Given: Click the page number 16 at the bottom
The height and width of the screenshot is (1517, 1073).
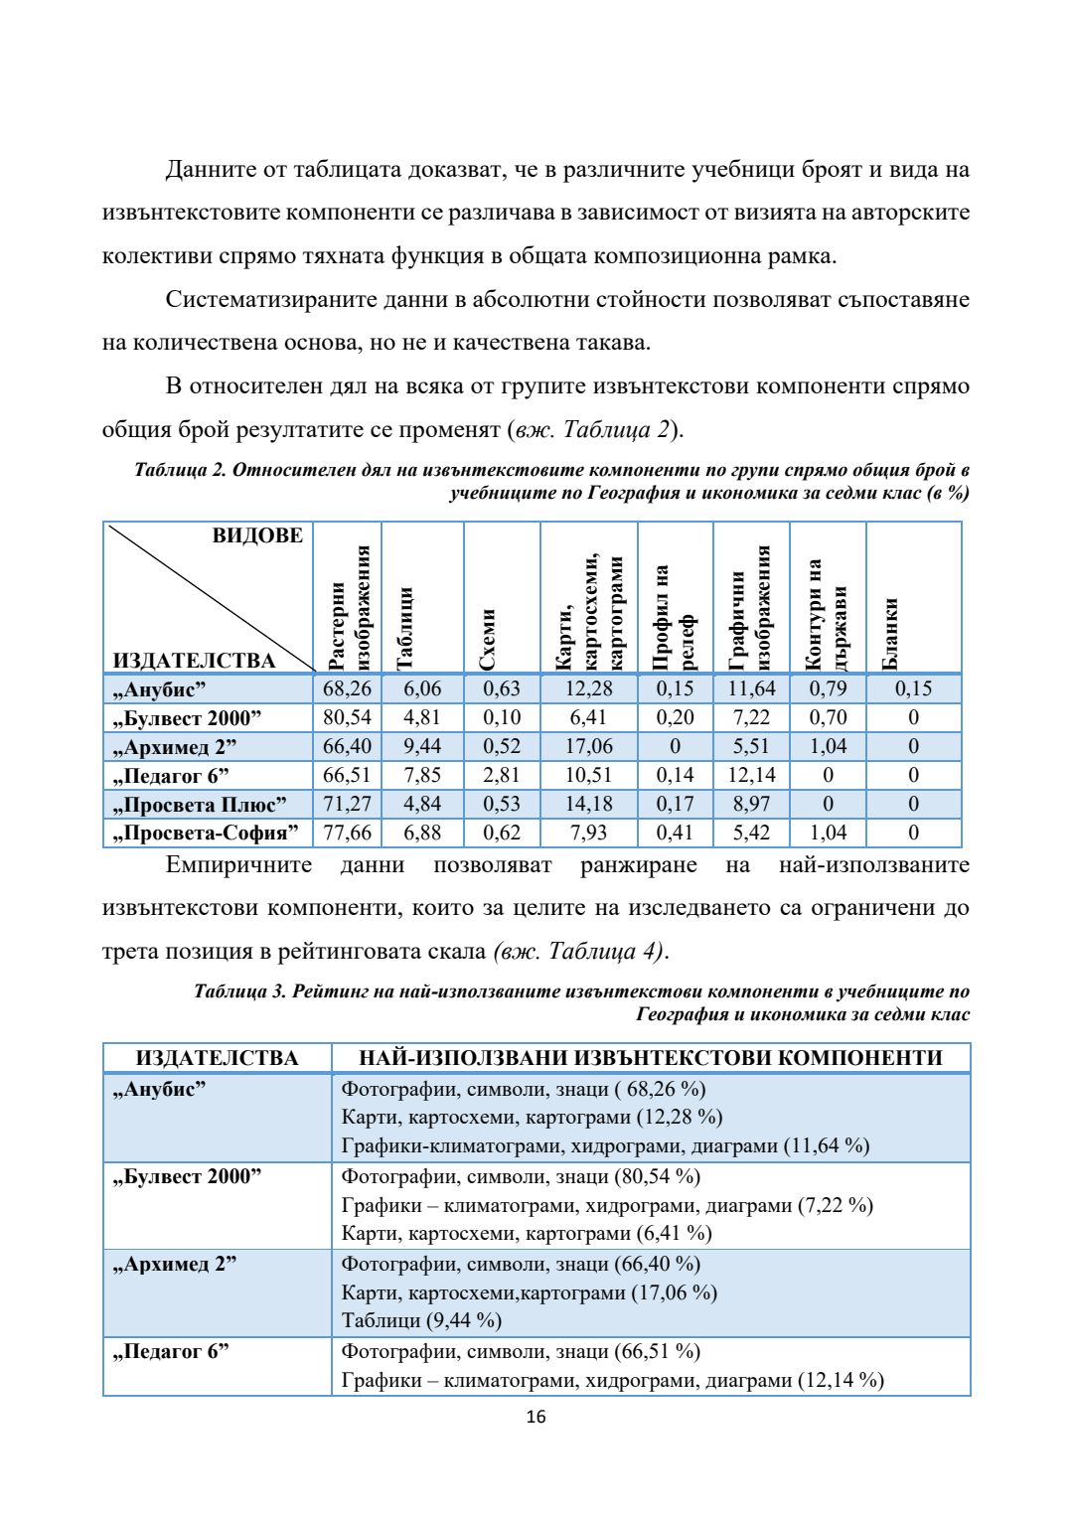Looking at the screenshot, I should [x=536, y=1417].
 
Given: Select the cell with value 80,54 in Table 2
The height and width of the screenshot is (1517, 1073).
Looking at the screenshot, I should [x=347, y=717].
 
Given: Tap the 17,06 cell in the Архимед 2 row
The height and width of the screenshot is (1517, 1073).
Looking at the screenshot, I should [x=589, y=746].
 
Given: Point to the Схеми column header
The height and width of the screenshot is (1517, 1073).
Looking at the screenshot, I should [x=487, y=640].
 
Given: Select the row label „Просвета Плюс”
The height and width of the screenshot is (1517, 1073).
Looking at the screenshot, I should [x=200, y=804].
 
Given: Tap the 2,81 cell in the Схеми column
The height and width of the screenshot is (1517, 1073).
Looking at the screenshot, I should [x=502, y=775].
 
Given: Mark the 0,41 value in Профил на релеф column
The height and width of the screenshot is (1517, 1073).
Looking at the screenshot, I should [x=675, y=833].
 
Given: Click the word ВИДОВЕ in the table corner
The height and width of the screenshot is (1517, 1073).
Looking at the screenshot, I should [x=257, y=536].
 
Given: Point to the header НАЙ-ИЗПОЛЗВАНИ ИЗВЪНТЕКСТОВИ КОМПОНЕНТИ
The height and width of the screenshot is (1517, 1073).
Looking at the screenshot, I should [x=650, y=1058].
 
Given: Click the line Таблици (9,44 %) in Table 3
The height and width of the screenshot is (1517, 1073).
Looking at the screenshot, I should [x=421, y=1320].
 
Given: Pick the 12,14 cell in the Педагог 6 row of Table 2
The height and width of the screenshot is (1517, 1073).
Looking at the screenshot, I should [x=751, y=775].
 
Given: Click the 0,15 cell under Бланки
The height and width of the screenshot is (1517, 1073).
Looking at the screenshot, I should [x=913, y=688].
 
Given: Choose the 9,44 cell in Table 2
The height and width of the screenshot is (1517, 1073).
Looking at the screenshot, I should [x=422, y=746].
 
